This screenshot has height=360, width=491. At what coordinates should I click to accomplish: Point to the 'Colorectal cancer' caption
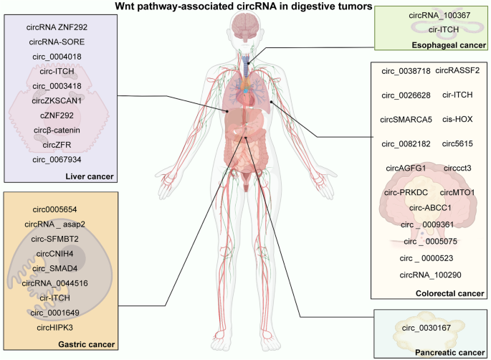click(x=449, y=293)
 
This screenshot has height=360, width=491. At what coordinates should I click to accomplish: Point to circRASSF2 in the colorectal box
click(x=457, y=70)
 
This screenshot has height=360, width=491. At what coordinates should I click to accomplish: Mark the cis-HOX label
click(x=457, y=119)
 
